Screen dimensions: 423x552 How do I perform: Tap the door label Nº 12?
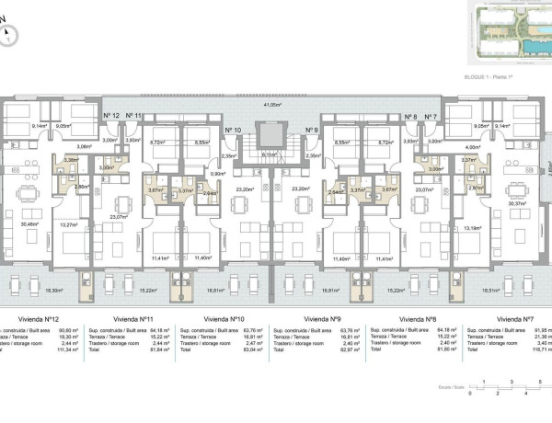click(x=112, y=115)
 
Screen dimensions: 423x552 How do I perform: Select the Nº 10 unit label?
click(x=232, y=131)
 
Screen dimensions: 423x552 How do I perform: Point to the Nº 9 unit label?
click(x=310, y=131)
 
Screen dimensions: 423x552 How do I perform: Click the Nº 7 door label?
click(x=430, y=117)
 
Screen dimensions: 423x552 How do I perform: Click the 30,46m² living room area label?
click(x=29, y=223)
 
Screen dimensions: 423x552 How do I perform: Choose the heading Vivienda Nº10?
click(x=225, y=318)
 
